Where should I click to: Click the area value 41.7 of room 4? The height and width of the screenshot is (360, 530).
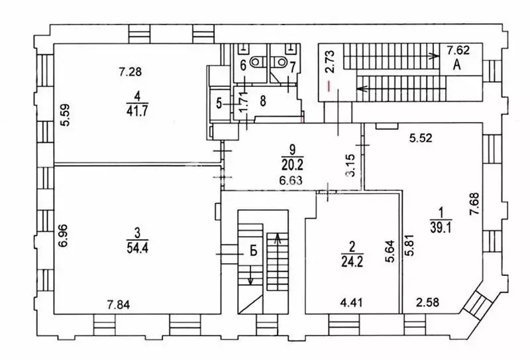coord(137,111)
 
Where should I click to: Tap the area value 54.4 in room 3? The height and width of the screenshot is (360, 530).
coord(137,248)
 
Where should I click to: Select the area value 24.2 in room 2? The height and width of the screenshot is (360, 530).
coord(352,261)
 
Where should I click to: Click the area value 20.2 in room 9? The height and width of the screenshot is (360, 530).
coord(292,165)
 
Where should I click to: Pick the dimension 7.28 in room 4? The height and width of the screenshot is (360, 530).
coord(130,72)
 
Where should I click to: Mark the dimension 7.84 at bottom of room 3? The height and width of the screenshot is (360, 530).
coord(119,305)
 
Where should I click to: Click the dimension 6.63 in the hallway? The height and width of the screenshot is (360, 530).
coord(291,180)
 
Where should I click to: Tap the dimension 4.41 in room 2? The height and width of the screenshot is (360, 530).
coord(352,302)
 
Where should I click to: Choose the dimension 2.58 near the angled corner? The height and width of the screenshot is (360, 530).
coord(427,302)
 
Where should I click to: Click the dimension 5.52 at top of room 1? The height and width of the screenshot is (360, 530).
coord(421,138)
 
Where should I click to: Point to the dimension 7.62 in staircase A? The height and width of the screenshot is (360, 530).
coord(458,50)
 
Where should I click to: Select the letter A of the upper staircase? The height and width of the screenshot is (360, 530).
coord(457,64)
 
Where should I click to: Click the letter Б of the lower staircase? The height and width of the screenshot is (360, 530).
coord(254,251)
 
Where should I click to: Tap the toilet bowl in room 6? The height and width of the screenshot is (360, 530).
coord(256,62)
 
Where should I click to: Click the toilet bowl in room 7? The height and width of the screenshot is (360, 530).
coord(280,62)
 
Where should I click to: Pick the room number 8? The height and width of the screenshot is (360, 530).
coord(263,101)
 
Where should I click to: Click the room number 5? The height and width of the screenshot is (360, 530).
coord(219,103)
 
